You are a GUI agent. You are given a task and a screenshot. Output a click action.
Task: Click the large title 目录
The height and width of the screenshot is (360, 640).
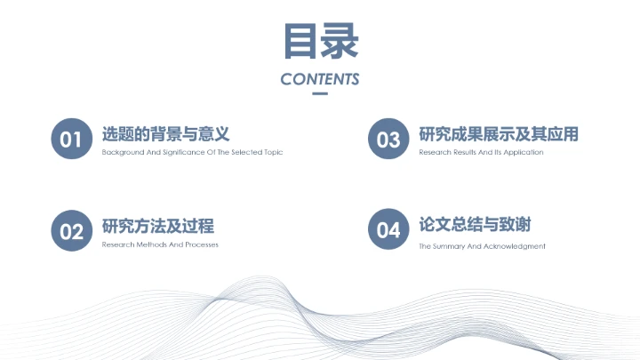320,41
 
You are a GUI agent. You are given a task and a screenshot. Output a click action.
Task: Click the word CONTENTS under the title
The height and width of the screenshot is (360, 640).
320,79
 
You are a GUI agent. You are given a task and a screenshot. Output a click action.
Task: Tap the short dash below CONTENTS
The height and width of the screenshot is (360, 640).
320,93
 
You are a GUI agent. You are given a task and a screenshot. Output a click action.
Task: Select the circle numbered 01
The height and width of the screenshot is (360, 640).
71,140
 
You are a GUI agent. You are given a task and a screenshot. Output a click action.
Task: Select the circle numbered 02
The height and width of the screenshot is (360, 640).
71,231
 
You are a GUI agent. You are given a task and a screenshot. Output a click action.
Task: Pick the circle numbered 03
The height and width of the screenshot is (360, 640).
388,140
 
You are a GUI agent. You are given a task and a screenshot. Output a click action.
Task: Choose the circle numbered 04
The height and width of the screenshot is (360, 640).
388,231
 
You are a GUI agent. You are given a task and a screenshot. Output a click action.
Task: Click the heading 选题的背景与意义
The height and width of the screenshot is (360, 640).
166,134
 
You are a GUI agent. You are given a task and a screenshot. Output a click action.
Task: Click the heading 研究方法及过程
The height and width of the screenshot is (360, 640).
157,226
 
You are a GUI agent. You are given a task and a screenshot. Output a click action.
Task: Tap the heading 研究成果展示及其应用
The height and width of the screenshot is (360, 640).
498,134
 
